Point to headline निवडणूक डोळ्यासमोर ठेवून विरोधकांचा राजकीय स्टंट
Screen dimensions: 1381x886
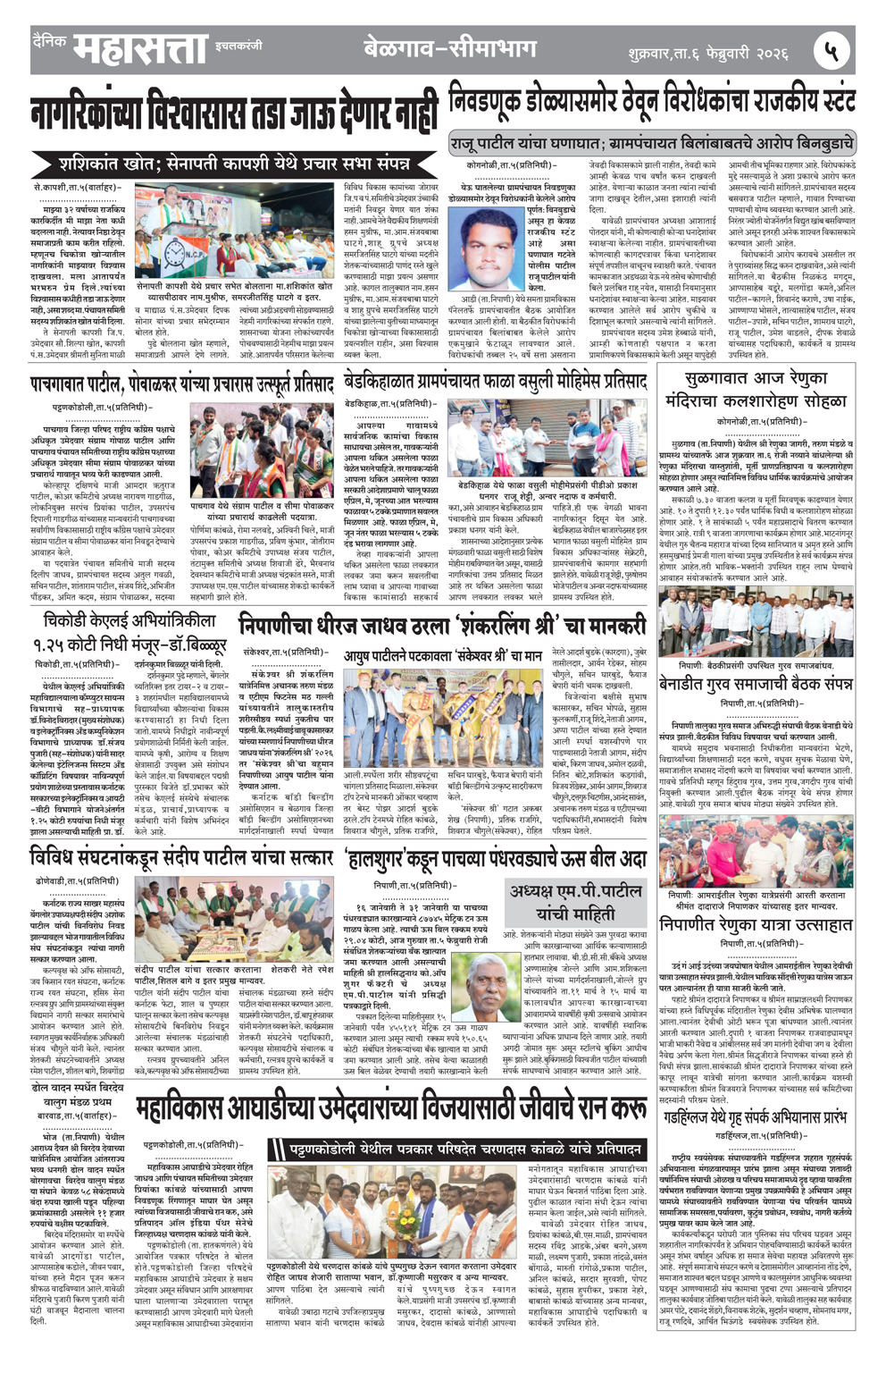point(652,104)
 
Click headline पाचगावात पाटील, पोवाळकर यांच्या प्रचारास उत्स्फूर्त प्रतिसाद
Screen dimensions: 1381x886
point(181,384)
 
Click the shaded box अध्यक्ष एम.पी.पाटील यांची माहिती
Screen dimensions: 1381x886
point(576,902)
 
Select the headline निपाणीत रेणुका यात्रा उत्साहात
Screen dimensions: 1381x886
point(756,924)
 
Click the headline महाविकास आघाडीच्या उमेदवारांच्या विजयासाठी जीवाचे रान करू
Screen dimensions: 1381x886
point(390,1108)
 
